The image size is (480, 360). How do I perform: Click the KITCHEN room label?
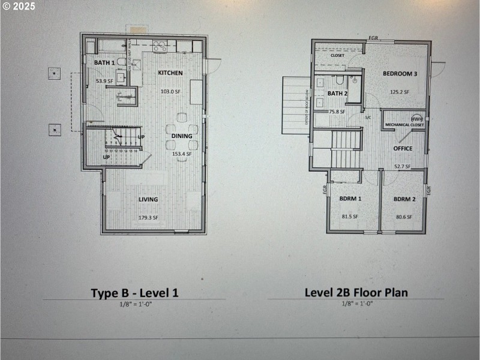(170, 73)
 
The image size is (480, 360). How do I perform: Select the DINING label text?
(182, 136)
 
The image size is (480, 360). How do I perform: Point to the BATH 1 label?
(104, 62)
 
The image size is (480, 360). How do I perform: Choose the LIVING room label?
(148, 200)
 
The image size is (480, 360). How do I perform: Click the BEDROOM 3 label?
(400, 74)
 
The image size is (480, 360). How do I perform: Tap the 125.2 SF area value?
(399, 92)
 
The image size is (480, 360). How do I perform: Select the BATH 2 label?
(337, 94)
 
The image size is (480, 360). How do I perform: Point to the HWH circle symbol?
(417, 119)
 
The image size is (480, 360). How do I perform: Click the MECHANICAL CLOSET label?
(404, 125)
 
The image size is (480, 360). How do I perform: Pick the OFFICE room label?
(403, 148)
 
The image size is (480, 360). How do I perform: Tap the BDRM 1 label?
(350, 199)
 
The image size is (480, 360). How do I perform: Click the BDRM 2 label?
(404, 199)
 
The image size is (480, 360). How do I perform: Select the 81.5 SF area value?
(350, 217)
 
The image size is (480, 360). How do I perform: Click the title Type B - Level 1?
(134, 293)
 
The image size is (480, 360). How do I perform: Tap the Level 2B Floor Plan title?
(356, 292)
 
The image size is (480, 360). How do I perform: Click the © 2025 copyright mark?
(19, 7)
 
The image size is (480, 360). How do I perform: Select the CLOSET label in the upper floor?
(338, 54)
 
